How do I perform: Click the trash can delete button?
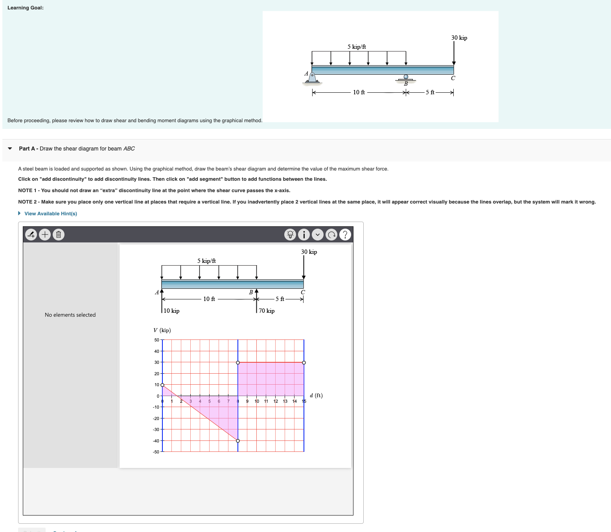(x=58, y=235)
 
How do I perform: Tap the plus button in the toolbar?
(x=45, y=235)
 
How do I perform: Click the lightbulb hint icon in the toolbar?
(x=290, y=235)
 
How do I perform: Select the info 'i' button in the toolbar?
(x=304, y=235)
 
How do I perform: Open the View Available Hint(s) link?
(x=50, y=214)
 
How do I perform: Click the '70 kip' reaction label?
(x=267, y=311)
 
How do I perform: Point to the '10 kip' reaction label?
(x=171, y=311)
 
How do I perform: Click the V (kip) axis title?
(x=162, y=330)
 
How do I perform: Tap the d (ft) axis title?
(x=316, y=396)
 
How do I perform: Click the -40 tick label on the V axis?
(x=156, y=441)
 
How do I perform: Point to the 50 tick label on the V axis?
(x=156, y=340)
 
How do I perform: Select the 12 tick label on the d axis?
(x=276, y=401)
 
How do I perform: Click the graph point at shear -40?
(x=238, y=441)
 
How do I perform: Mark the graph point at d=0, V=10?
(x=162, y=385)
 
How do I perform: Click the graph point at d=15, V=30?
(x=304, y=363)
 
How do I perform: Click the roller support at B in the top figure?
(x=406, y=78)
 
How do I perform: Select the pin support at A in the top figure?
(x=312, y=77)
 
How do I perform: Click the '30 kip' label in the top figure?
(x=459, y=38)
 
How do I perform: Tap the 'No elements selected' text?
(x=70, y=315)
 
